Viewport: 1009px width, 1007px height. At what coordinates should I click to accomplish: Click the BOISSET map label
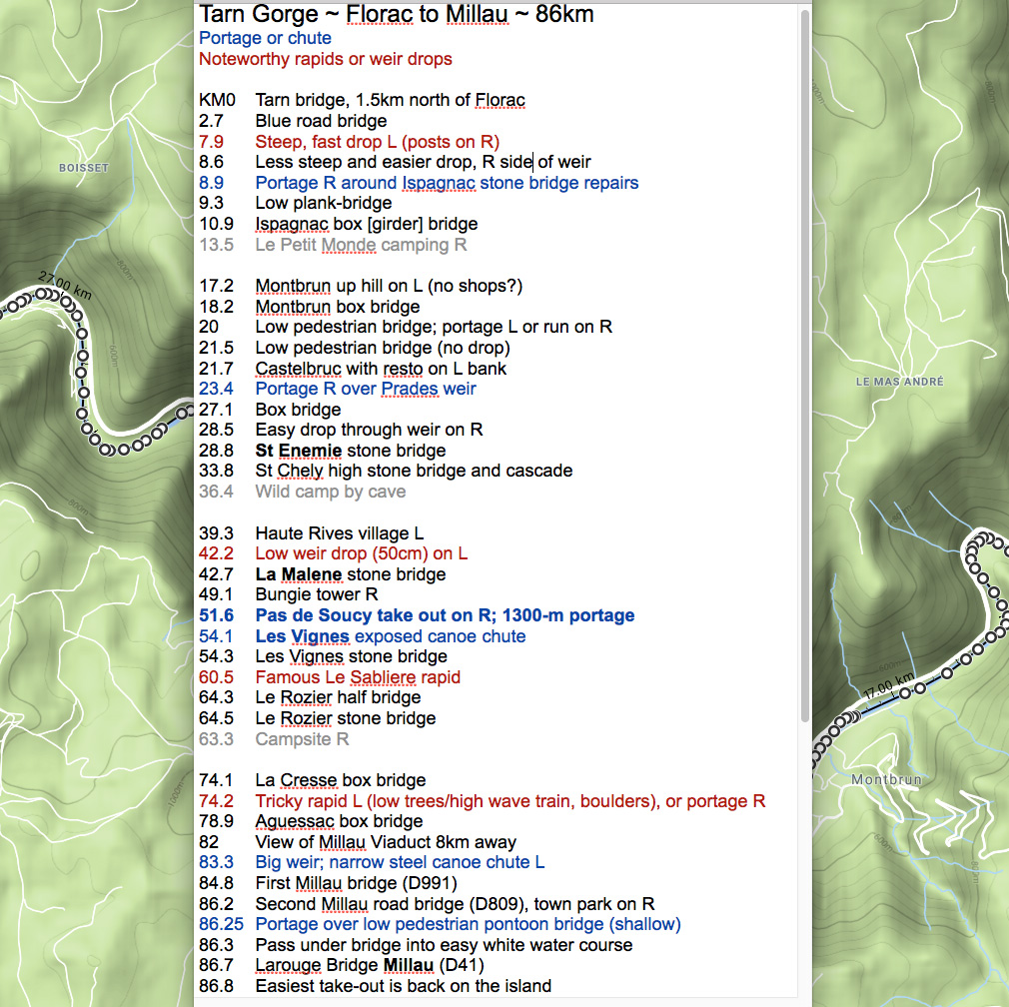[x=83, y=168]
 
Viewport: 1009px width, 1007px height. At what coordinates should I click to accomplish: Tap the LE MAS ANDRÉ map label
[x=899, y=382]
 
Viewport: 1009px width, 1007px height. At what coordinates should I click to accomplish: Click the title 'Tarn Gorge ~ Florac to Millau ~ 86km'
[x=398, y=15]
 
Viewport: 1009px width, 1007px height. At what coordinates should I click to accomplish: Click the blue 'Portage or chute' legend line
[x=265, y=38]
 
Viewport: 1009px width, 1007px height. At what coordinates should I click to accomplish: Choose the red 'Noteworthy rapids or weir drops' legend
[x=325, y=59]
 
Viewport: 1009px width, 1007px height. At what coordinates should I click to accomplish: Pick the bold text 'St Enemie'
[x=299, y=451]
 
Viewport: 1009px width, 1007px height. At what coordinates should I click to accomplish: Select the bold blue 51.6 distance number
[x=217, y=615]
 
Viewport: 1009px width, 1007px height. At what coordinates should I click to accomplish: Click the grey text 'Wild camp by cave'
[x=331, y=492]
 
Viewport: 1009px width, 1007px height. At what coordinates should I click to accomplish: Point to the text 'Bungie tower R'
[x=317, y=595]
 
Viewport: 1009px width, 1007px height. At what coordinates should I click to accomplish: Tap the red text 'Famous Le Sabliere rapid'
[x=358, y=677]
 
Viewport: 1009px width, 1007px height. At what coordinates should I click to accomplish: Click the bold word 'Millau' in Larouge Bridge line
[x=409, y=965]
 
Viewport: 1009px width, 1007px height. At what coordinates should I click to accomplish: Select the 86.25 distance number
[x=222, y=924]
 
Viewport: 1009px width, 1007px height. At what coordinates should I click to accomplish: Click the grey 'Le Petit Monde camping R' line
[x=361, y=245]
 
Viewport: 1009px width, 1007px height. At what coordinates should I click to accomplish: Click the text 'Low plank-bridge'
[x=324, y=204]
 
